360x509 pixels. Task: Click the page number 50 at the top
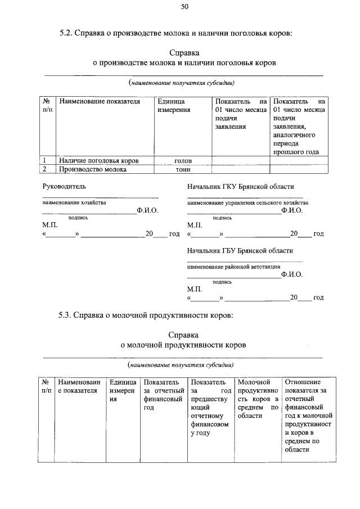(x=184, y=7)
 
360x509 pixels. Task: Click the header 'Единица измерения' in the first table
(x=174, y=105)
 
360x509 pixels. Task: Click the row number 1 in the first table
(x=44, y=160)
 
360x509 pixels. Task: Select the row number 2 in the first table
(x=44, y=169)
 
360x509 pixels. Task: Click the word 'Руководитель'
(x=64, y=187)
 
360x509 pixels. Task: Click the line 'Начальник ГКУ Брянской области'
(x=240, y=187)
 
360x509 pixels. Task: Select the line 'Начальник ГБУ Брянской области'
(x=240, y=251)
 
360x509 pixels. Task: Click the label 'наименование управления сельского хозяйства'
(x=247, y=202)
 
